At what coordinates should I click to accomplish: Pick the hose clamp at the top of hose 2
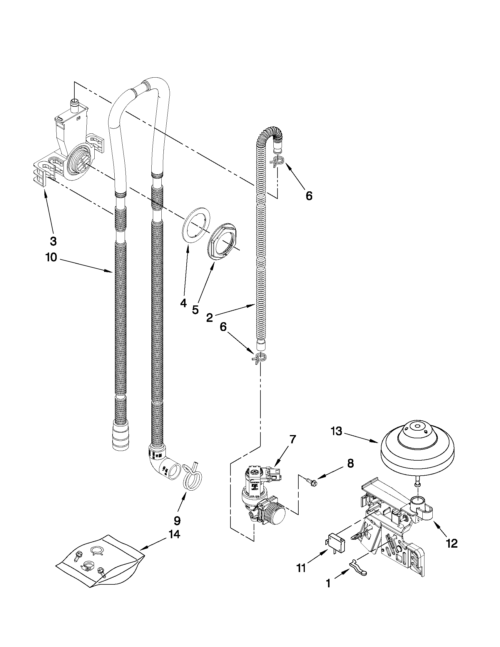(277, 161)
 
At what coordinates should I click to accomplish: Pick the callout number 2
(209, 318)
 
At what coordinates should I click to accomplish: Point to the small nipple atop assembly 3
(74, 105)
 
